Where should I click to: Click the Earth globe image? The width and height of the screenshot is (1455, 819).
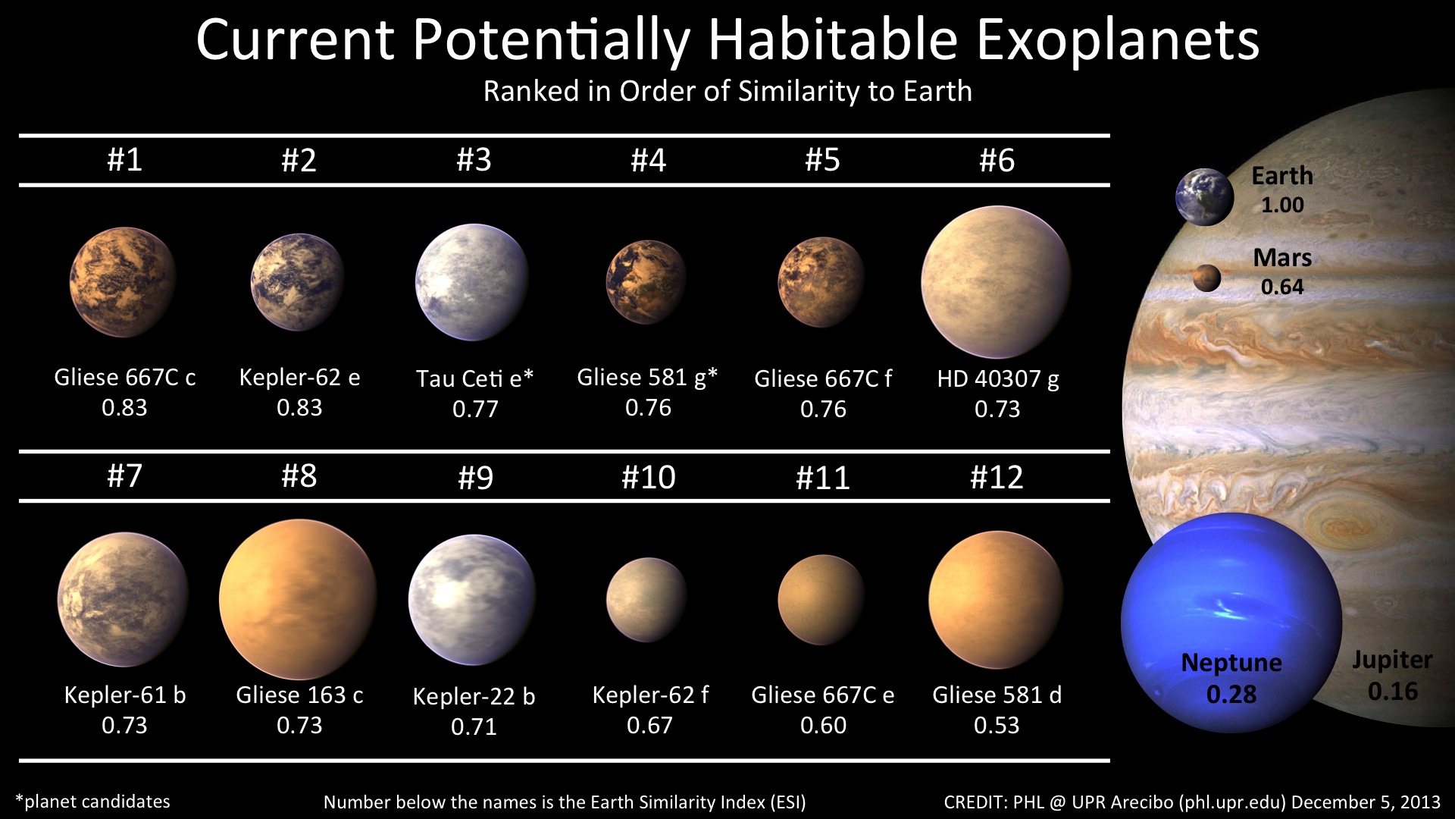click(1204, 197)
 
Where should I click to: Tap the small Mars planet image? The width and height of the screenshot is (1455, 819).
click(1206, 278)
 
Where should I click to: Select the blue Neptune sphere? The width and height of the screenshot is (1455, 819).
click(1231, 623)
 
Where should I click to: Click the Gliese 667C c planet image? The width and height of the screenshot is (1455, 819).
click(123, 281)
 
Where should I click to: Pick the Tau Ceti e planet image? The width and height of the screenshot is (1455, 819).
click(472, 281)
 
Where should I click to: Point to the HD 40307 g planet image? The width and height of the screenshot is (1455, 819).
click(996, 281)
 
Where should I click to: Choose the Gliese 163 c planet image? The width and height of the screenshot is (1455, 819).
click(298, 599)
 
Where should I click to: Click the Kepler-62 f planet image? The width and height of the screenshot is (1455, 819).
click(646, 599)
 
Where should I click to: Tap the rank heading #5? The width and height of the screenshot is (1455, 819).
click(822, 160)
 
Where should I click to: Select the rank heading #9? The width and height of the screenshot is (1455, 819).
click(475, 478)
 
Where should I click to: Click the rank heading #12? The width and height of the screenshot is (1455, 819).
click(997, 477)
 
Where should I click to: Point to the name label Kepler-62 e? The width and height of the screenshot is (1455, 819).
click(299, 378)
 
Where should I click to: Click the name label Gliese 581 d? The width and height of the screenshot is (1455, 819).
click(997, 695)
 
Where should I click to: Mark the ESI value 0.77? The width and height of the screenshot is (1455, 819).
click(475, 409)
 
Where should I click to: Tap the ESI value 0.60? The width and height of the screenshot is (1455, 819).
click(823, 726)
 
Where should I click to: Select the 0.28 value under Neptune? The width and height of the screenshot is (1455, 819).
click(1231, 695)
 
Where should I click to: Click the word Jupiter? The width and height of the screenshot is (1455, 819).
click(1392, 661)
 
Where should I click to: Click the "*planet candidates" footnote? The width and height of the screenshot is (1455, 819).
click(92, 802)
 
